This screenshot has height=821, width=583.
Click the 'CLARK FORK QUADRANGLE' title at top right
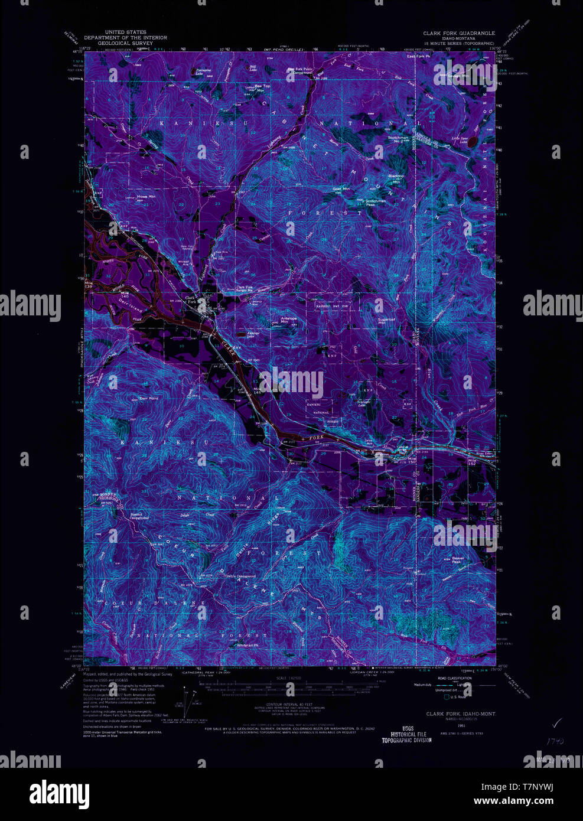[x=458, y=33]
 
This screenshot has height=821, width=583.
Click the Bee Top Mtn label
[x=262, y=87]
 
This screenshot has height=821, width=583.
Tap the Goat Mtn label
[x=341, y=189]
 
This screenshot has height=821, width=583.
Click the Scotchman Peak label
[x=375, y=203]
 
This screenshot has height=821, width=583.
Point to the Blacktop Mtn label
[x=396, y=178]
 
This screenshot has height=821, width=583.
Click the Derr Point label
[x=149, y=398]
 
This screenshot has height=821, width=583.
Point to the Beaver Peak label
[x=458, y=559]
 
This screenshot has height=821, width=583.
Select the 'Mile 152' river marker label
[x=472, y=461]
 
